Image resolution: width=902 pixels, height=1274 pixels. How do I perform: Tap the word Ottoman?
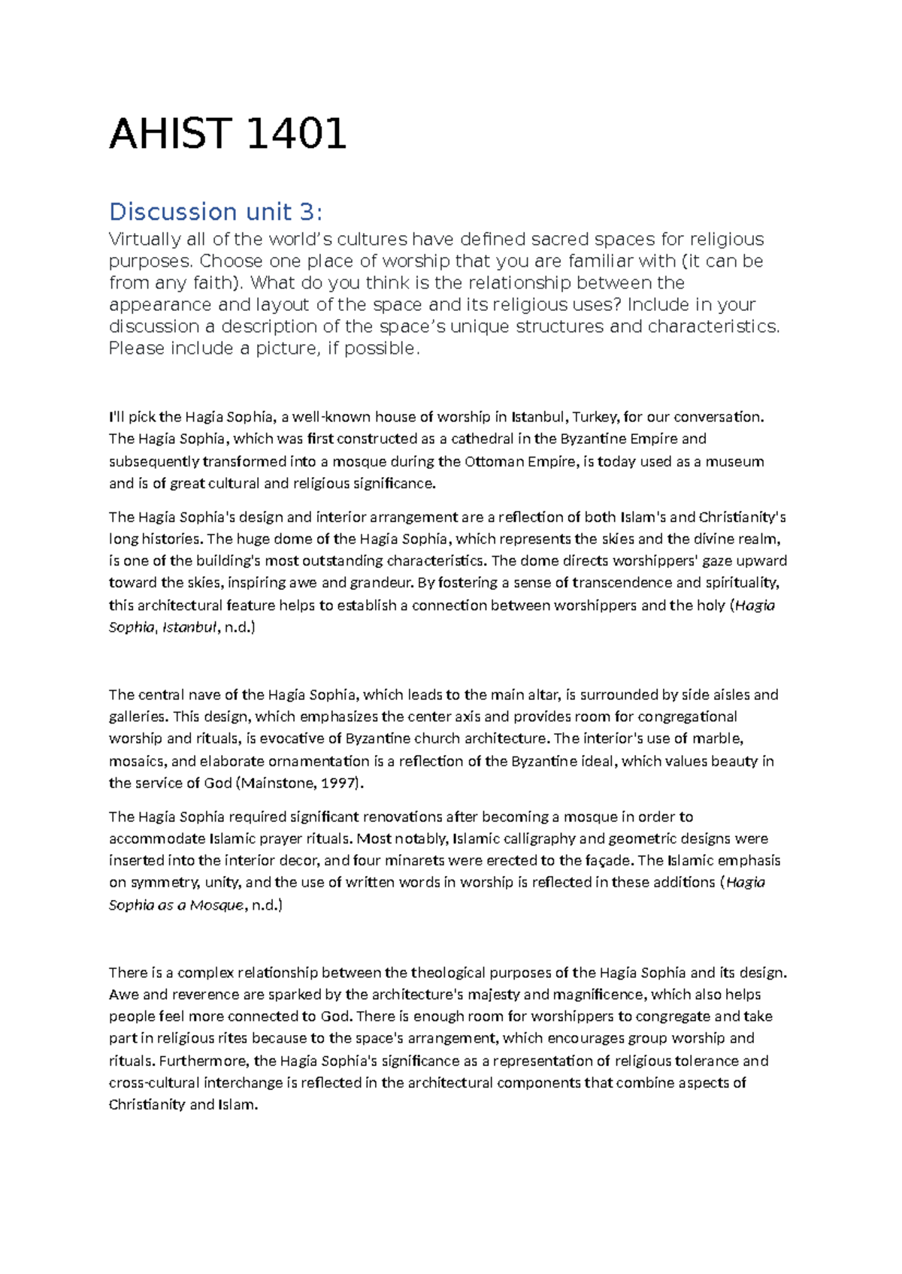[x=493, y=461]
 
